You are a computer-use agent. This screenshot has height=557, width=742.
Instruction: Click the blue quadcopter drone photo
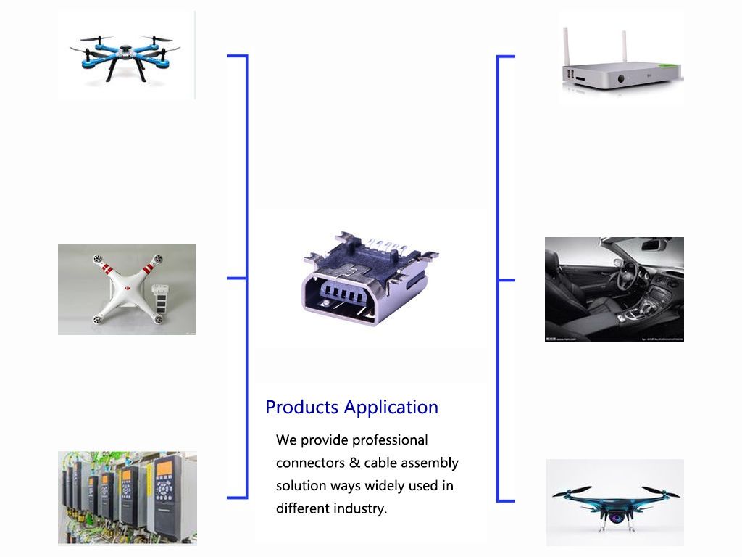click(x=125, y=56)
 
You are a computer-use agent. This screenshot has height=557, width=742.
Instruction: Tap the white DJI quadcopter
click(x=127, y=289)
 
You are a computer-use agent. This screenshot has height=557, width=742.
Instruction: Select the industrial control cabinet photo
click(x=128, y=498)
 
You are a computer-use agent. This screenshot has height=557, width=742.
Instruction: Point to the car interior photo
click(x=614, y=289)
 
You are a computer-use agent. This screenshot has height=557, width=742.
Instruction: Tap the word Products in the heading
click(x=302, y=408)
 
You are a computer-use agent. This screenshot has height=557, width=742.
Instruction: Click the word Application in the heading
click(x=391, y=408)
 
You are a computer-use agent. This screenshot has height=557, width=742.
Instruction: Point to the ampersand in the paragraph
click(x=354, y=463)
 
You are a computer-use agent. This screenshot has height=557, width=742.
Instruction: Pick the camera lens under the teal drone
click(x=616, y=518)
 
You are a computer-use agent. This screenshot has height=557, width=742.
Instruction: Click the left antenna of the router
click(x=565, y=48)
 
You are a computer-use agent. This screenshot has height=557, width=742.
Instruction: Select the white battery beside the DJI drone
click(x=159, y=297)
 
